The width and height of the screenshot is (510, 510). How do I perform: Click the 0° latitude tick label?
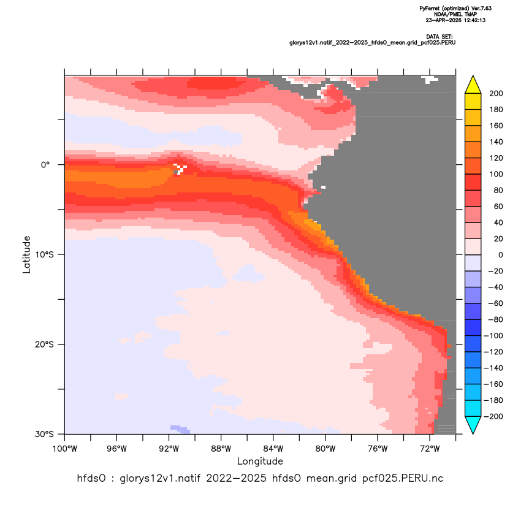point(45,165)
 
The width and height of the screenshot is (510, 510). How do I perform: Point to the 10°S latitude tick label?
point(44,254)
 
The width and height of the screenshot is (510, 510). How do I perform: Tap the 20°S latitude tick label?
point(44,344)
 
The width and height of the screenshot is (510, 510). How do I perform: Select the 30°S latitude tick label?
point(44,434)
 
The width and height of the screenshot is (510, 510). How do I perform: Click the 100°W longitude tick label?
point(65,449)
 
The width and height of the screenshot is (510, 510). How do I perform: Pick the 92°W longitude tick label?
point(169,449)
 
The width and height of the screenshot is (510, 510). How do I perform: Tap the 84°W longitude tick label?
point(273,449)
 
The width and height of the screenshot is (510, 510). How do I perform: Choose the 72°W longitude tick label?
point(430,449)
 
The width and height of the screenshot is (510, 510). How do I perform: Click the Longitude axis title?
point(260,462)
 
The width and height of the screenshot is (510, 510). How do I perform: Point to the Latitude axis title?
point(26,254)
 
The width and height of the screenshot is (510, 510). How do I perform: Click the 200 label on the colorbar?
point(496,94)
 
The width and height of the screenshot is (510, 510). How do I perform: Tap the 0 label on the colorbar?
point(501,255)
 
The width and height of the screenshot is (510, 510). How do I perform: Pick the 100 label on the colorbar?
point(496,174)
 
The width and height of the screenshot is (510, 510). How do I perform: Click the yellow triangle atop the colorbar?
point(473,85)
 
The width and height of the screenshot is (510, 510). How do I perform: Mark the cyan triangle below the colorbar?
point(473,424)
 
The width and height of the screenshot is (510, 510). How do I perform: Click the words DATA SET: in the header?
point(439,37)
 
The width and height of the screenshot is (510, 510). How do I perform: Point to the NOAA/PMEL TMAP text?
point(455,14)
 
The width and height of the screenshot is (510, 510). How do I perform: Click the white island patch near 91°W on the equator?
point(180,169)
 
